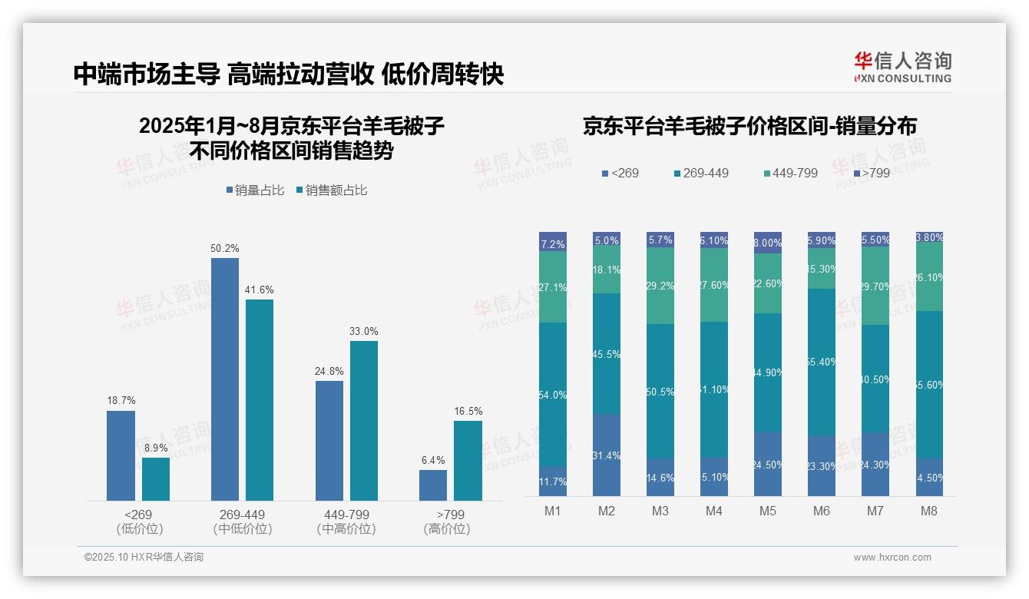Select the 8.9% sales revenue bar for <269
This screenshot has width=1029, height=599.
point(156,479)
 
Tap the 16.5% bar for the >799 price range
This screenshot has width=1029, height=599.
point(468,461)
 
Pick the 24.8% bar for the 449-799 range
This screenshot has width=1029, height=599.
point(329,441)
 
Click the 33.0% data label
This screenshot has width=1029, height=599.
point(364,331)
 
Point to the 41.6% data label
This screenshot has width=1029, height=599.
point(260,290)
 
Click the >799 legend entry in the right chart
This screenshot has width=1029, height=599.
point(872,173)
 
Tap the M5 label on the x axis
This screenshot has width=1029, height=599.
point(768,511)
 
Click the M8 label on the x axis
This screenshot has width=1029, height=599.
point(930,511)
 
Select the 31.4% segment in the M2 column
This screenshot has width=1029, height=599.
point(607,455)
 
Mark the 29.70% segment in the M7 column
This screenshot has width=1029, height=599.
point(875,286)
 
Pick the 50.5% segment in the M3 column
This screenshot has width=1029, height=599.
point(660,391)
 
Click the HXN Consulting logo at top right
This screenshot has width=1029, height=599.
point(902,67)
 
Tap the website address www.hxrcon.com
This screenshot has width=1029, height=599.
point(892,558)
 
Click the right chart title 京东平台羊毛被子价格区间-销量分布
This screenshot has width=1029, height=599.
point(749,126)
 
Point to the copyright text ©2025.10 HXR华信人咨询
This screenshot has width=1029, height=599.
point(144,558)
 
